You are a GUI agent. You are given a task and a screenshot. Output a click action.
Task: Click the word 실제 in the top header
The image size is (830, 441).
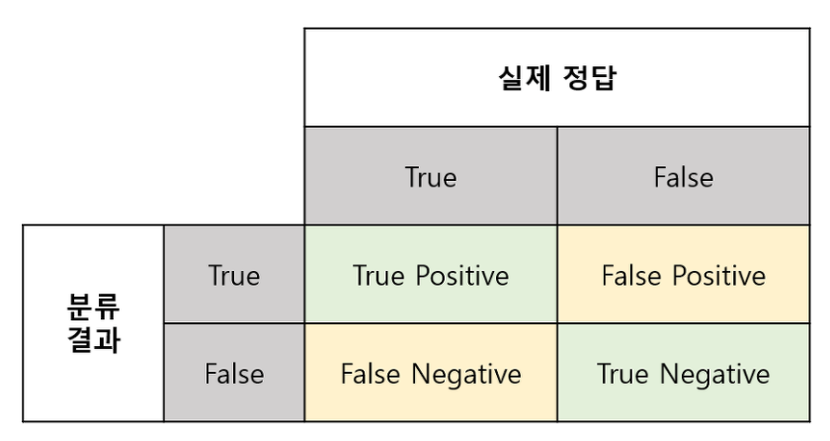pyautogui.click(x=529, y=78)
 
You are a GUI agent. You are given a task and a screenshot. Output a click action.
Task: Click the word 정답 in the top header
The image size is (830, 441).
pyautogui.click(x=589, y=78)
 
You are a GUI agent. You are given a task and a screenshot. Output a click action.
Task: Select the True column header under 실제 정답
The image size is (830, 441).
pyautogui.click(x=431, y=177)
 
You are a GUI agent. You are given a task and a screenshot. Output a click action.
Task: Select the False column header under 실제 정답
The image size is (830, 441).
pyautogui.click(x=683, y=177)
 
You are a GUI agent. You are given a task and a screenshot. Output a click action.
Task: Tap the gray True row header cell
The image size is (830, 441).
pyautogui.click(x=234, y=275)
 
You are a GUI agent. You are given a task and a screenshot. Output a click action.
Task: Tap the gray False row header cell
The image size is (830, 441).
pyautogui.click(x=234, y=374)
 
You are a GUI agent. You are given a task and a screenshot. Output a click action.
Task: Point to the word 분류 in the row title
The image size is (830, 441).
pyautogui.click(x=94, y=304)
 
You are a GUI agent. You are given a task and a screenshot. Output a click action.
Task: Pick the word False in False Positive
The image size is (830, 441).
pyautogui.click(x=630, y=275)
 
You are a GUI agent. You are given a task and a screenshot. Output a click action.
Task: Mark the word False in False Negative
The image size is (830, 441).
pyautogui.click(x=371, y=374)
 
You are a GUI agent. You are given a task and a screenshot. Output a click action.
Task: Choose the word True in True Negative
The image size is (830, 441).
pyautogui.click(x=622, y=374)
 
